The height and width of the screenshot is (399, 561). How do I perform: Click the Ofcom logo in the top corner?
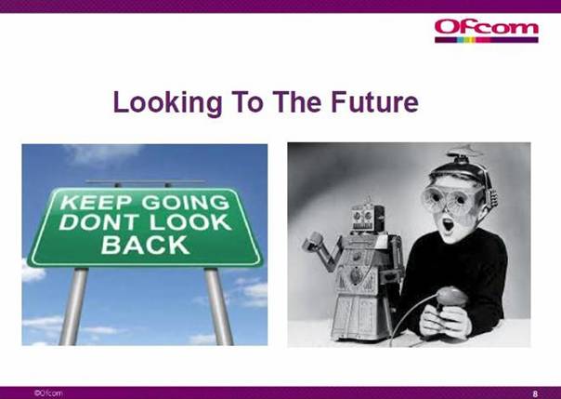[x=487, y=32]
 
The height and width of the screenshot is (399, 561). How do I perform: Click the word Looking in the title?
[x=168, y=102]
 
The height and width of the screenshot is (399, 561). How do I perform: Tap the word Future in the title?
[x=374, y=102]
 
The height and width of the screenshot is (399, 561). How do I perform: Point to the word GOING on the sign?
[x=186, y=202]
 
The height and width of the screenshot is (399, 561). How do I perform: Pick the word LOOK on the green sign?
[x=190, y=222]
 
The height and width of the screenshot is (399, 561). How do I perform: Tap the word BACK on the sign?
[x=145, y=245]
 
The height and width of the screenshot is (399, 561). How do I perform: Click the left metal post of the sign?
[x=74, y=306]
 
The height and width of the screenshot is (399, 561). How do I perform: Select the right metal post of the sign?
[x=218, y=306]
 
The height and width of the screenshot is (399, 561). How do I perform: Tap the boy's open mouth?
[x=448, y=225]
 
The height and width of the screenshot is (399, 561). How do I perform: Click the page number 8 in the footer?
[x=535, y=393]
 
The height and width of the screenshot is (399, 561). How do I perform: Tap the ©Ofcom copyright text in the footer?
[x=48, y=392]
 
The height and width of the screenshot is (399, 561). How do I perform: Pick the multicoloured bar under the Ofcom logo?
[x=487, y=40]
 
